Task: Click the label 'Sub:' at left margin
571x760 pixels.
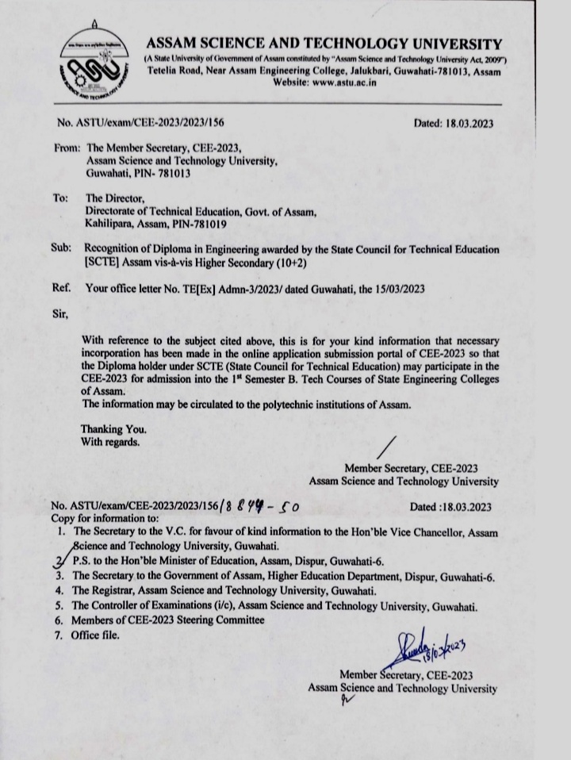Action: click(61, 249)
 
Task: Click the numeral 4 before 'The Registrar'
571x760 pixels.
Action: click(59, 590)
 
